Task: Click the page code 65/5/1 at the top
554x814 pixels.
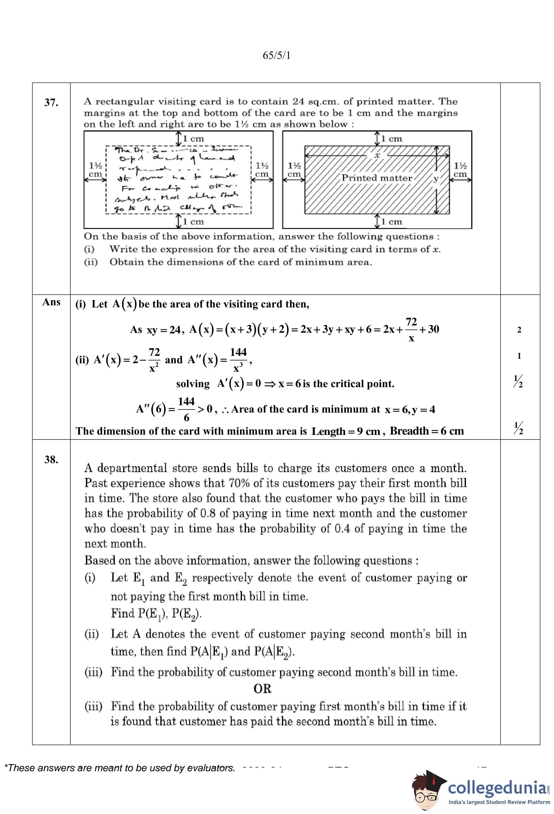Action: coord(276,56)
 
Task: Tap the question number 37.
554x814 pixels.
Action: coord(51,103)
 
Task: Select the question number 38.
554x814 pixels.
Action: coord(51,459)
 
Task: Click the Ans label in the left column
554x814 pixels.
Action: coord(51,302)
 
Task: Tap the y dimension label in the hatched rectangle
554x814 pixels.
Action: coord(436,179)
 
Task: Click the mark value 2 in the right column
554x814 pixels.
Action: coord(519,330)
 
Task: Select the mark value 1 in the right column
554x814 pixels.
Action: coord(519,356)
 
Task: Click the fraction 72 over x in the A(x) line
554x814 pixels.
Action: coord(411,330)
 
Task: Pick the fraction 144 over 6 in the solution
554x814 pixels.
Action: coord(186,409)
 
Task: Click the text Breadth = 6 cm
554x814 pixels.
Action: coord(427,431)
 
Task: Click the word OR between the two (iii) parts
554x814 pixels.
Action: coord(262,688)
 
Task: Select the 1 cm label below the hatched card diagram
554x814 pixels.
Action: coord(391,222)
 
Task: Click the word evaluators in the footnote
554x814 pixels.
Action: coord(211,768)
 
